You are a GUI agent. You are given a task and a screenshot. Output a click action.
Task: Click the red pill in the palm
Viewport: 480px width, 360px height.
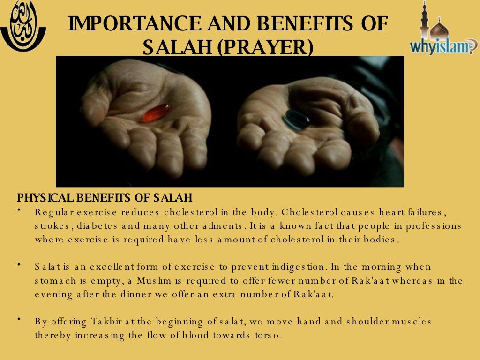tap(156, 112)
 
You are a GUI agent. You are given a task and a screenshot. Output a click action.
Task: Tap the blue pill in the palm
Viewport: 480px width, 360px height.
tap(296, 120)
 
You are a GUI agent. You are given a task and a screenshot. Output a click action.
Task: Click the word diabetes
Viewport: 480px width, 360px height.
tap(98, 226)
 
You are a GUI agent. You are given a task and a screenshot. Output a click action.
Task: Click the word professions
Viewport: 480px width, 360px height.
tap(434, 226)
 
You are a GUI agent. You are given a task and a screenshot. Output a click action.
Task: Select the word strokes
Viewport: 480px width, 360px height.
tap(52, 226)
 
